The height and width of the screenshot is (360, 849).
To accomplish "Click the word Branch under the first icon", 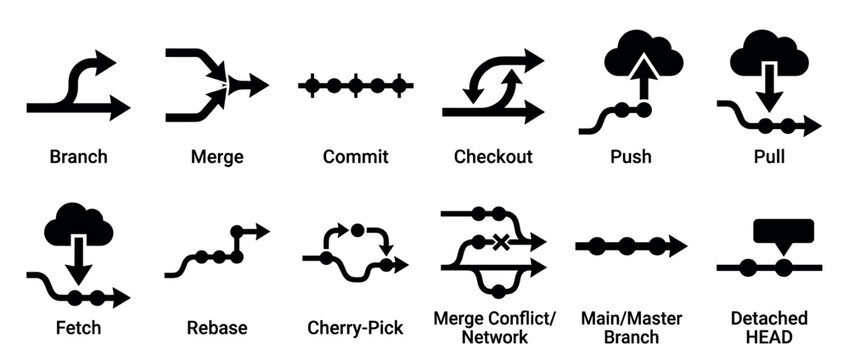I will [78, 157].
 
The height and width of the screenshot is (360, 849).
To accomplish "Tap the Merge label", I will [217, 157].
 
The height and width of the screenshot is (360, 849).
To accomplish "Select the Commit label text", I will [355, 157].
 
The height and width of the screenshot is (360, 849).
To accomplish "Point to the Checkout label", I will [493, 157].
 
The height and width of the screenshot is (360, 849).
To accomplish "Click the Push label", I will [631, 157].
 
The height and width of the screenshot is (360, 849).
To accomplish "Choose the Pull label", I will [769, 157].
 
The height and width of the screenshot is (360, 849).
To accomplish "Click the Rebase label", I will [217, 327].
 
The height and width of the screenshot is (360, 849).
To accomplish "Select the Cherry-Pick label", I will [355, 327].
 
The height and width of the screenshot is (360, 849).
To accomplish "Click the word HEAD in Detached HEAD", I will [768, 337].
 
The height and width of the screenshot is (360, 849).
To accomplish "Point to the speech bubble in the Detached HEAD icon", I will [784, 232].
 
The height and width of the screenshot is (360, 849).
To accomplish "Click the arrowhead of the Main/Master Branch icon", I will [677, 245].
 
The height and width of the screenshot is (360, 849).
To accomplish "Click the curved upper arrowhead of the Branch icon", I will [105, 62].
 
